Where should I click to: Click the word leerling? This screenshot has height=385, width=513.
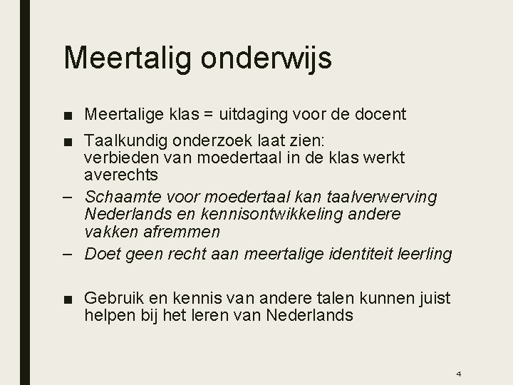[427, 254]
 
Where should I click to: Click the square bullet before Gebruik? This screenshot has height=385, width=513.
[69, 297]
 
